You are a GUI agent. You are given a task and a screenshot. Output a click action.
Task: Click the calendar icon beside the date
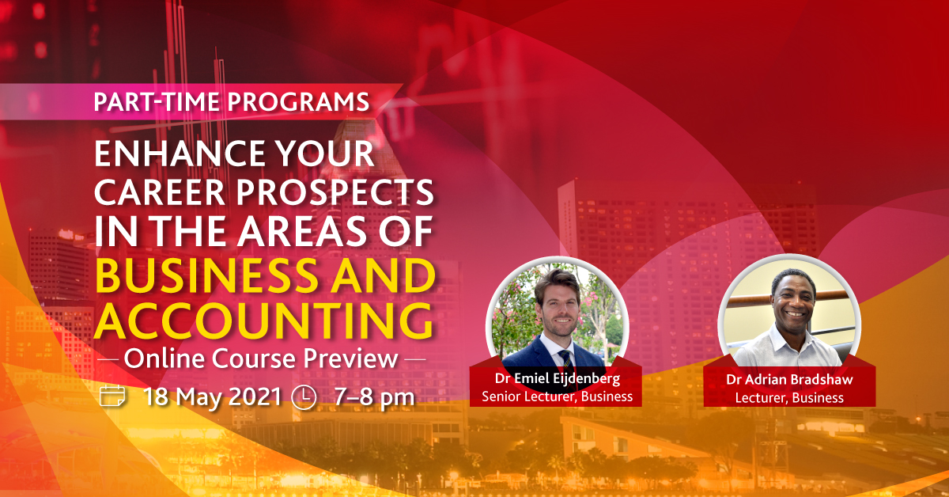coord(112,396)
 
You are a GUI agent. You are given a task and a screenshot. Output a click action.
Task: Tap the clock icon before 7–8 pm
coord(304,397)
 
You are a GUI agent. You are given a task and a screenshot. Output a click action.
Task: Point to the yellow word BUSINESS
coord(206,276)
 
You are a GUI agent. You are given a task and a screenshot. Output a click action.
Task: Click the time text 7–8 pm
coord(374,398)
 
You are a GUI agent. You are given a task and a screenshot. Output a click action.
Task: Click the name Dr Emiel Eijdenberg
coord(557,378)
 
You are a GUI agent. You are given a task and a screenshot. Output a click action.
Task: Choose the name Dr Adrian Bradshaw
coord(789,379)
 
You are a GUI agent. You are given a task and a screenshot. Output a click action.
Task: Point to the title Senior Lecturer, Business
coord(557,396)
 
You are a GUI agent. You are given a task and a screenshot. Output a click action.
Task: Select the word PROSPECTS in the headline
coord(335,192)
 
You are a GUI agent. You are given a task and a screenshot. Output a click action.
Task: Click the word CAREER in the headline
coord(159,192)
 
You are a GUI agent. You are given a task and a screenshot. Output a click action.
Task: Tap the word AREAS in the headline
coord(301,232)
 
